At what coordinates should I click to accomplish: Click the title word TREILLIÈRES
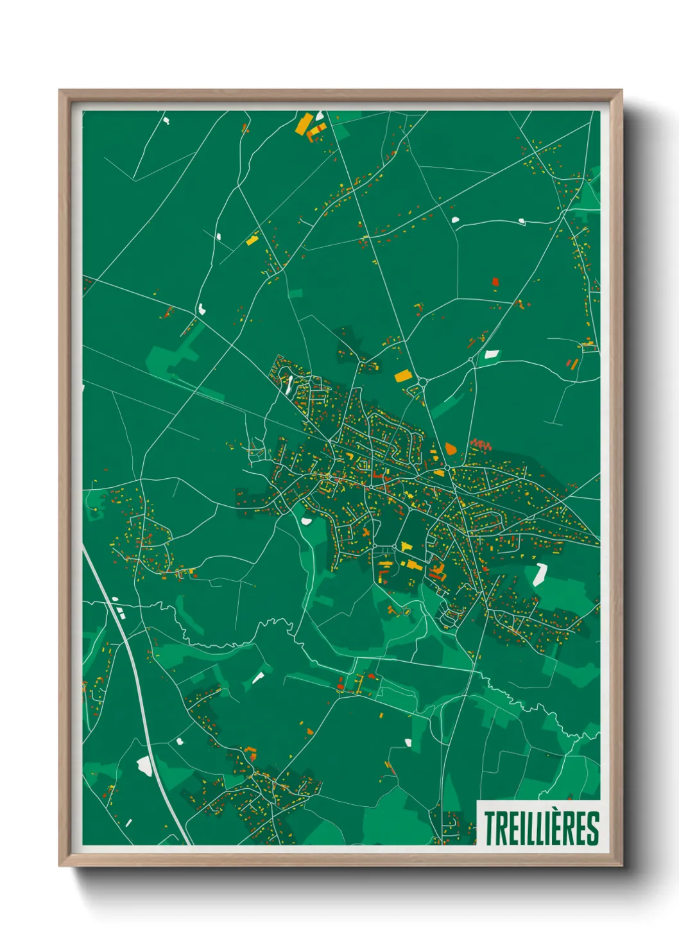point(541,828)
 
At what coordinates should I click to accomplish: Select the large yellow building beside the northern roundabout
point(402,376)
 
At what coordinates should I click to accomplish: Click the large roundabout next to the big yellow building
point(423,383)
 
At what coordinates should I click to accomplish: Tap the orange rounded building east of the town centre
point(451,448)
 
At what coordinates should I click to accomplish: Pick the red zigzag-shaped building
point(481,444)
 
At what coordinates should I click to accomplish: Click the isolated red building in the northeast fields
point(495,281)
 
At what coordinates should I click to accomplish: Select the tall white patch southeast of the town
point(540,574)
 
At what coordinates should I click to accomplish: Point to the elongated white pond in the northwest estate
point(289,384)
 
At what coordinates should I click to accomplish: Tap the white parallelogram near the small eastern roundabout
point(492,354)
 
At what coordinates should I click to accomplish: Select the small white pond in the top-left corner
point(166,119)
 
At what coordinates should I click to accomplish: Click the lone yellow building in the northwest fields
point(252,241)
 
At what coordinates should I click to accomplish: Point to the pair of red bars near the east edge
point(572,363)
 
